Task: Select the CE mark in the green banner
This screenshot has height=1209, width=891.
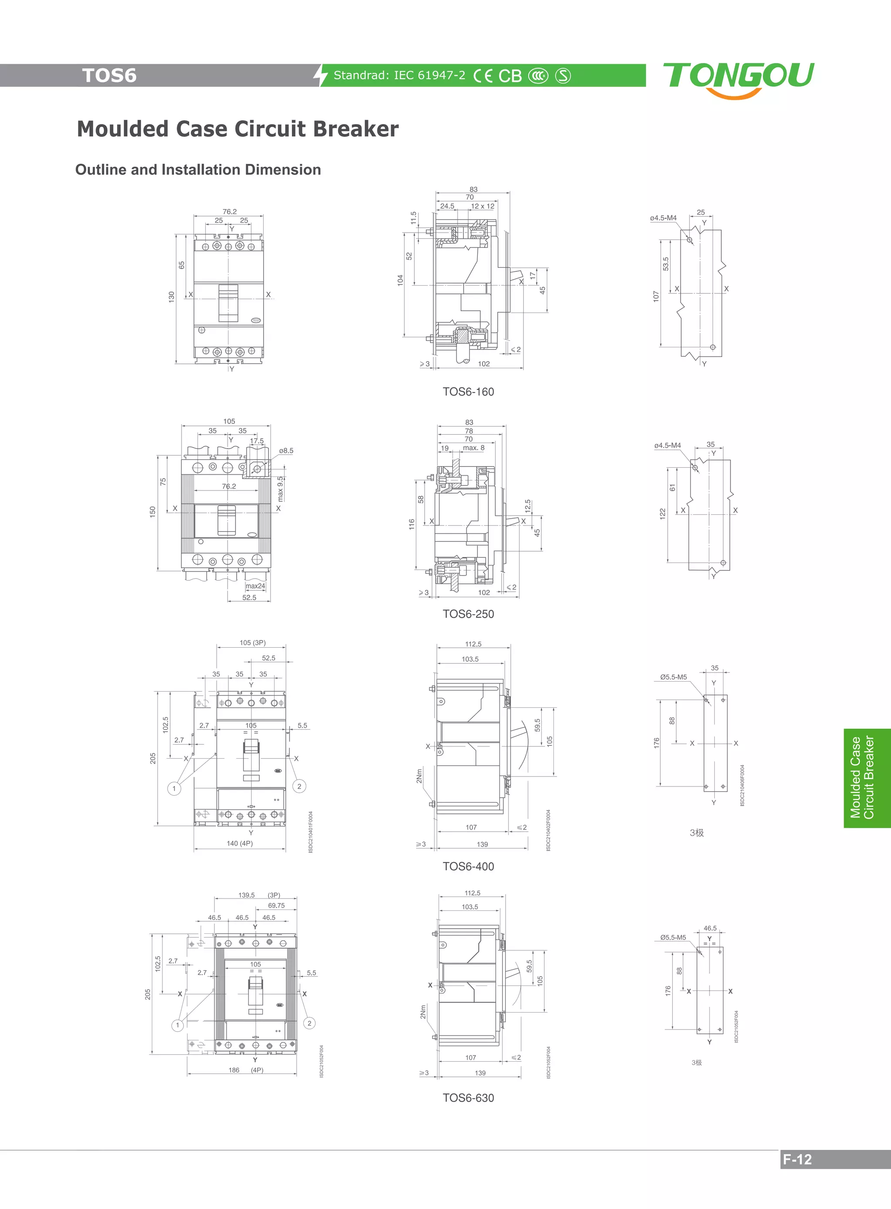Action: coord(483,76)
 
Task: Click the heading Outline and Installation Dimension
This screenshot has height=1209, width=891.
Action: coord(198,170)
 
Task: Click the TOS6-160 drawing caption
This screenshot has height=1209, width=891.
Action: coord(468,392)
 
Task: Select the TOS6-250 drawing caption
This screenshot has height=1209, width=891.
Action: coord(468,614)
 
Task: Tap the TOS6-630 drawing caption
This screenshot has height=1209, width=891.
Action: coord(468,1098)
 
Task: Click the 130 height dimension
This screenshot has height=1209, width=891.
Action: coord(171,296)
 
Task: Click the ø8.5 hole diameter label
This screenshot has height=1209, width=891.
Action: coord(286,451)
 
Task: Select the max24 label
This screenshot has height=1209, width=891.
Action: coord(255,586)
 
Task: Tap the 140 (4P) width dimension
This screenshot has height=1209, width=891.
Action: coord(239,843)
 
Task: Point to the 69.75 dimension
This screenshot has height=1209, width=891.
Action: coord(276,906)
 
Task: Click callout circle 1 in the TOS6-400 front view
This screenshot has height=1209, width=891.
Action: coord(174,789)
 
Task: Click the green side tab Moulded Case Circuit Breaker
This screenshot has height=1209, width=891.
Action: coord(862,778)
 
